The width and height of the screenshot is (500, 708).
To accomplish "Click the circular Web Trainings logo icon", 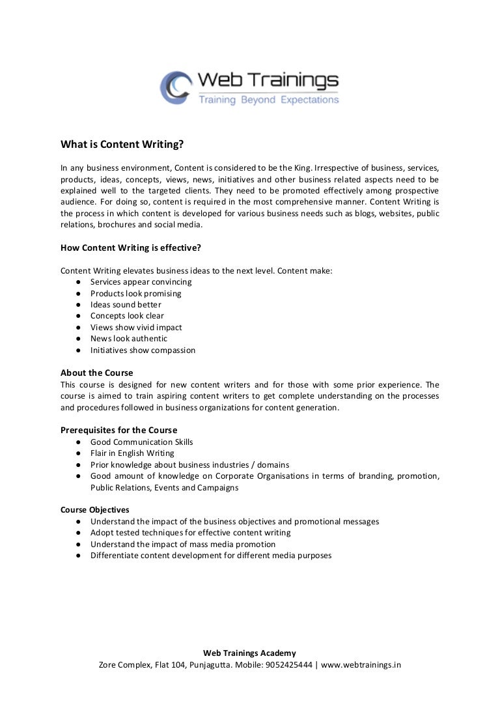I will coord(176,87).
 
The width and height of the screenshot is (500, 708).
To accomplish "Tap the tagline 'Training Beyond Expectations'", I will coord(268,100).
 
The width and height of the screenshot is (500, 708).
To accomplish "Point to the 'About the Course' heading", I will coord(96,373).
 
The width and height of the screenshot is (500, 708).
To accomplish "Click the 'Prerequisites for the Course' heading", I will coord(118,430).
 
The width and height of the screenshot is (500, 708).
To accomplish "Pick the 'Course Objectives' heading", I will coord(94,510).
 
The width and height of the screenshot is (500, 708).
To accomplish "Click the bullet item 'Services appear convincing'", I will coord(141,282).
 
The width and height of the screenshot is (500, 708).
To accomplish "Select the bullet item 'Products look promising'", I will coord(135,293).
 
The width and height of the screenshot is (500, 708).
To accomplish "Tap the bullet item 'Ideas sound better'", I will coord(126,305).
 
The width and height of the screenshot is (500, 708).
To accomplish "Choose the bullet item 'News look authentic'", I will coord(128,339).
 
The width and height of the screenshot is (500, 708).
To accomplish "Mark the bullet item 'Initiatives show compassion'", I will coord(143,350).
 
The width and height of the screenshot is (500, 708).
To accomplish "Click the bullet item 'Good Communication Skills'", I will coord(141,442).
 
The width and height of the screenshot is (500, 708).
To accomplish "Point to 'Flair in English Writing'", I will coord(132,453).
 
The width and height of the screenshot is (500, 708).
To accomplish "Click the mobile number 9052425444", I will coord(285,665).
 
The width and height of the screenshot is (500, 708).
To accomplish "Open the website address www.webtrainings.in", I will coord(361,665).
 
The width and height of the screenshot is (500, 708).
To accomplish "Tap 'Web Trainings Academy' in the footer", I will coord(249,653).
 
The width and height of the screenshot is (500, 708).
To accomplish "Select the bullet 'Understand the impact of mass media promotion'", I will coord(183,545).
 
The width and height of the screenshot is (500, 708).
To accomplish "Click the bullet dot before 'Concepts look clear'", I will coord(77,316).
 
